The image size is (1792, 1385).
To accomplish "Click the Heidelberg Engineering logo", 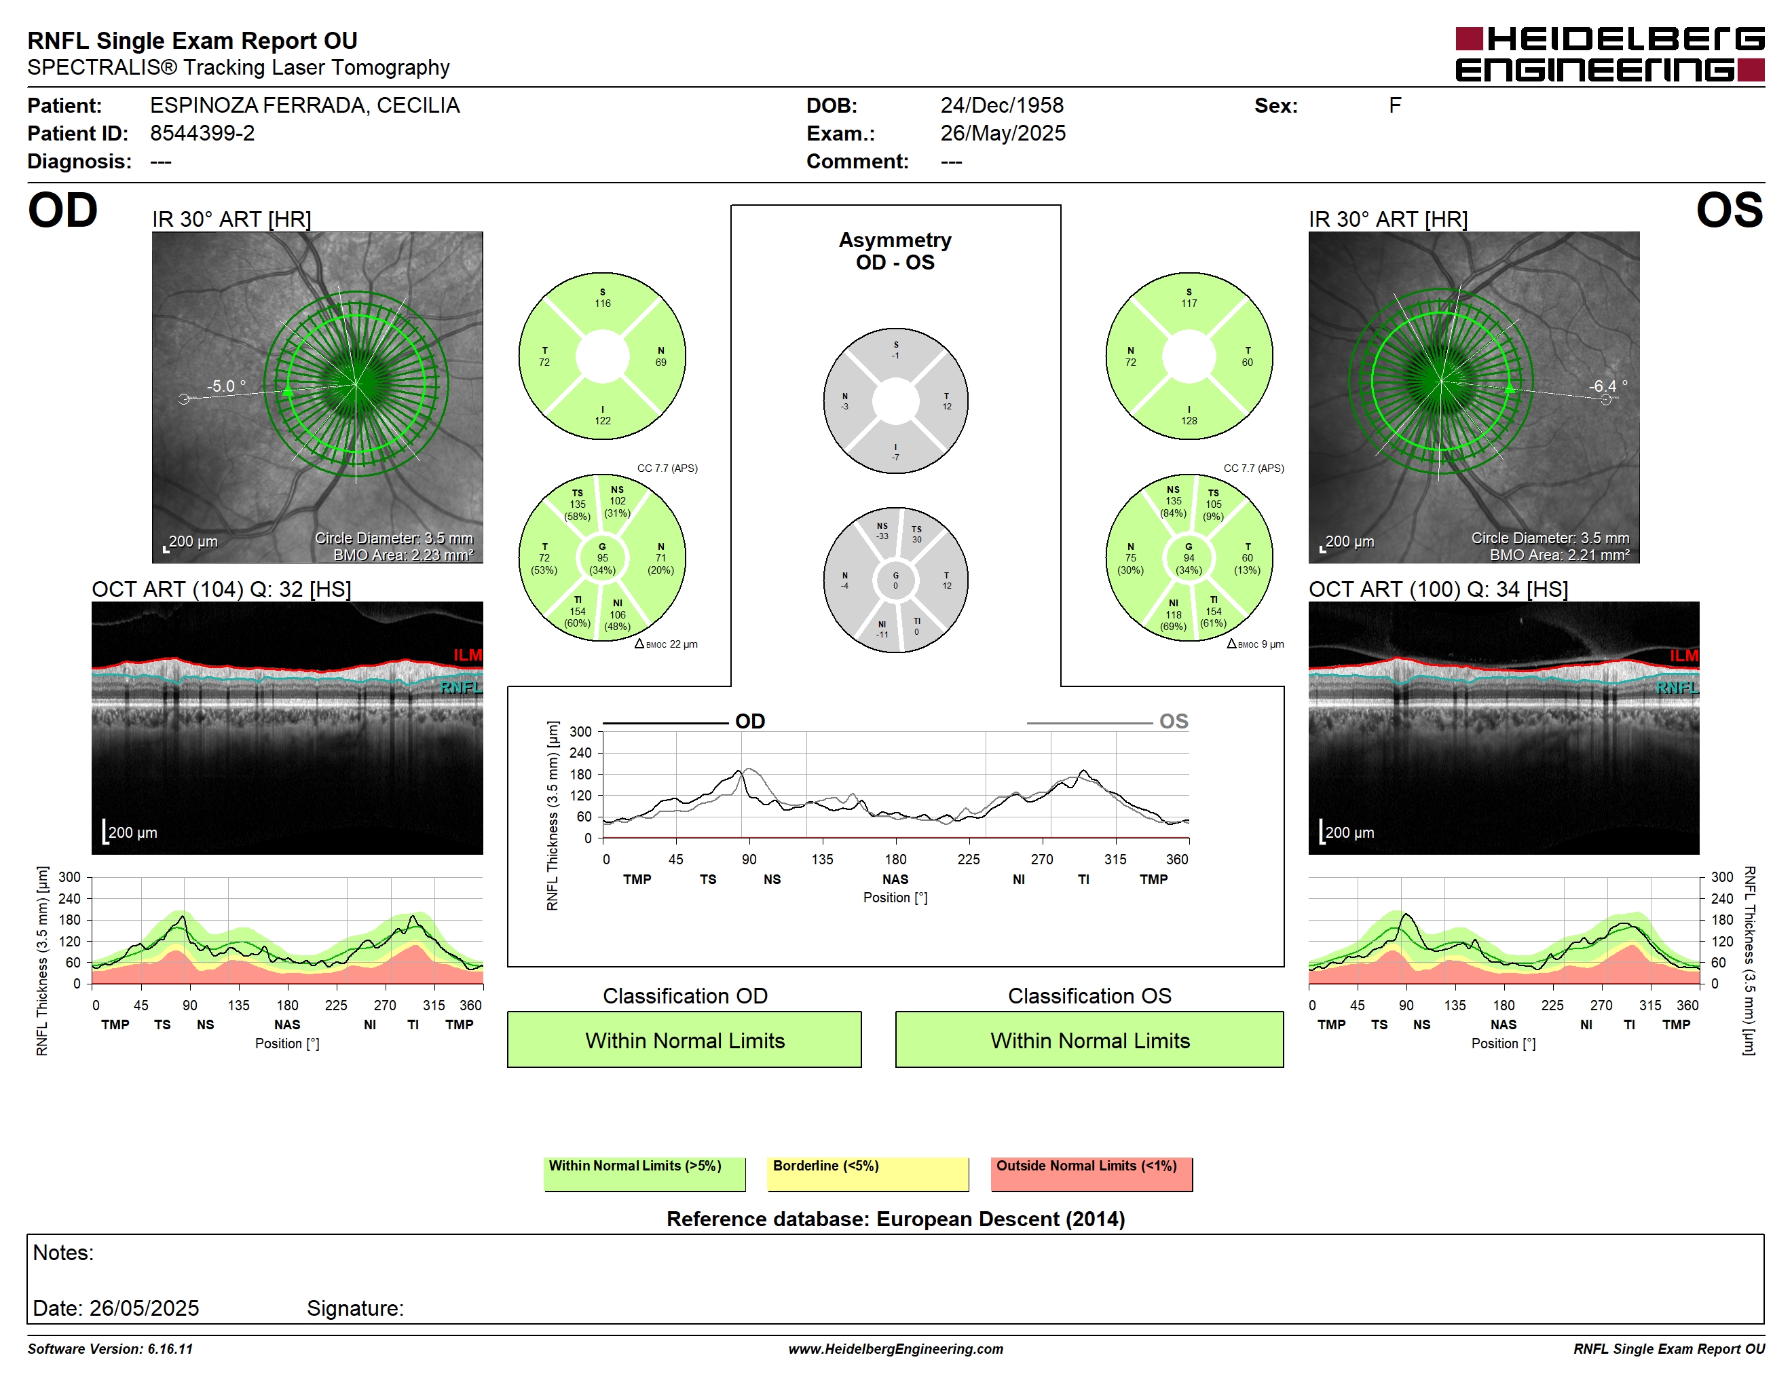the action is click(1610, 55).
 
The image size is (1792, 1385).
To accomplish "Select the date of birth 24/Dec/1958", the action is click(1002, 105).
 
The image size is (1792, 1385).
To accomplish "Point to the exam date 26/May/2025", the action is click(1003, 133).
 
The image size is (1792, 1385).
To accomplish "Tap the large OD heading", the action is click(62, 211).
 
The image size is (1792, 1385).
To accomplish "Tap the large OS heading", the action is click(1730, 211).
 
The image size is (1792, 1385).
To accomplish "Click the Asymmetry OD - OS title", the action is click(895, 251).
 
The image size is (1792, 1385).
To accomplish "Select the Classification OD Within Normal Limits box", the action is click(684, 1039).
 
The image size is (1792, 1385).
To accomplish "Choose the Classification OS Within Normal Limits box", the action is click(1089, 1039).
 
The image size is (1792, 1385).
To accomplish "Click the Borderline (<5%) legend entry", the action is click(867, 1173).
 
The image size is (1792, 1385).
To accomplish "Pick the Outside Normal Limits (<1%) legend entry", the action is click(1091, 1173).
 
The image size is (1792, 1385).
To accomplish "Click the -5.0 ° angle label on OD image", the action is click(225, 386).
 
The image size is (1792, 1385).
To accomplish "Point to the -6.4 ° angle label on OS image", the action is click(1607, 386).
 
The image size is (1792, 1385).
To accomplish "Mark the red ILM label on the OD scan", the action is click(468, 654).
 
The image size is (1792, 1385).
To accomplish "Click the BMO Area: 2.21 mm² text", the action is click(1559, 555).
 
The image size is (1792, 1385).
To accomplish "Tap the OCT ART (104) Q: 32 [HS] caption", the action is click(221, 589).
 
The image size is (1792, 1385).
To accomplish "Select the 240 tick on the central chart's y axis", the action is click(580, 752).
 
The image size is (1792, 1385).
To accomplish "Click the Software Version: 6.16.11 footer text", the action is click(110, 1349).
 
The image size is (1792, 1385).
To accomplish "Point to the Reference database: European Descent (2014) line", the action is click(895, 1219).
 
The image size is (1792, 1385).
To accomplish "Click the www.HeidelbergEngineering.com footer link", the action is click(895, 1349).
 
